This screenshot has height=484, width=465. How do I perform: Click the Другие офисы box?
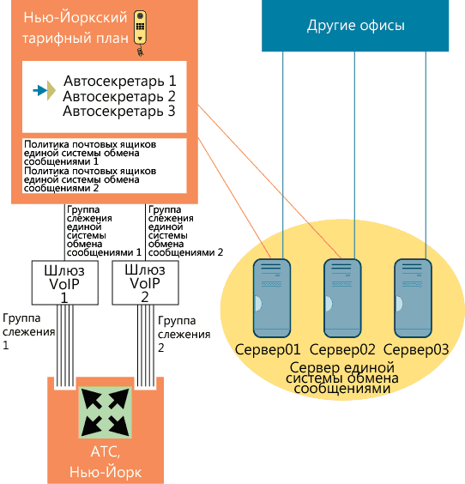(x=355, y=26)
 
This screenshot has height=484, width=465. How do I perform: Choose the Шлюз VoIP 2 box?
(x=144, y=282)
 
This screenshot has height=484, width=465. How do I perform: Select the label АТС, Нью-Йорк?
(x=104, y=464)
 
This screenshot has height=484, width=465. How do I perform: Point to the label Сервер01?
(x=269, y=349)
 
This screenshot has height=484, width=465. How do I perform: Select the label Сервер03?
(x=417, y=349)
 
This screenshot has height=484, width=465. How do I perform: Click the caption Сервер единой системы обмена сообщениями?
(x=342, y=378)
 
